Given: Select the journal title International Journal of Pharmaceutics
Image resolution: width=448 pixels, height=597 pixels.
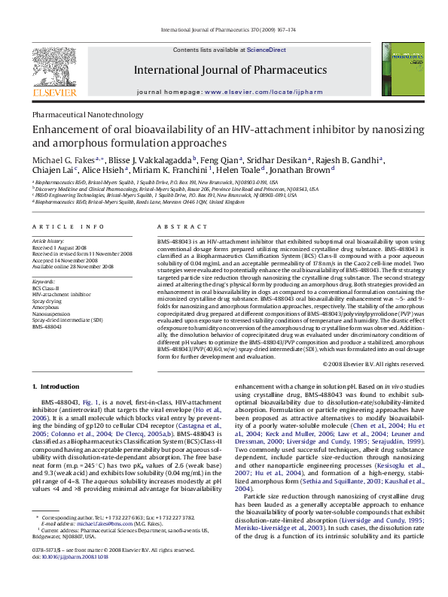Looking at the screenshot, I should coord(230,70).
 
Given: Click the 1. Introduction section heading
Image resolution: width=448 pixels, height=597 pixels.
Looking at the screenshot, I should coord(59,386).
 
